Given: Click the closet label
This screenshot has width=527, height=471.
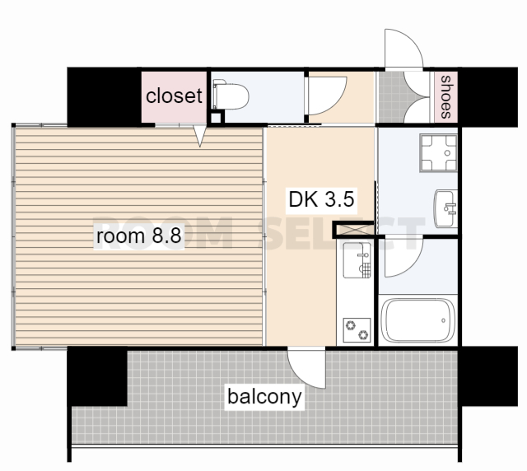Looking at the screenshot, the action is [x=174, y=96].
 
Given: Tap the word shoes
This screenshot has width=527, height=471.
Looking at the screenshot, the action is [x=446, y=97].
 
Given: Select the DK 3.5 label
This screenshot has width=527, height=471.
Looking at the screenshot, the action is [x=321, y=199].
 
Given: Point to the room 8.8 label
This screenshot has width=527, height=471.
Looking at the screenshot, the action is [x=139, y=235].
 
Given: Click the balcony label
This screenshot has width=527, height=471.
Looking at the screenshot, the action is [x=264, y=397].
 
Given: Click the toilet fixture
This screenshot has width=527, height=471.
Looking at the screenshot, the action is [x=231, y=95].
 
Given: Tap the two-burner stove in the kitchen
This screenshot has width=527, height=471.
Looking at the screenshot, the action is [x=357, y=330].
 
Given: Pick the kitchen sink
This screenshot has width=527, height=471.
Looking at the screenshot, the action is [x=357, y=260].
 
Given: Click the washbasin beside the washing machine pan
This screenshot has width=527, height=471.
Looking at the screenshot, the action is [x=446, y=208].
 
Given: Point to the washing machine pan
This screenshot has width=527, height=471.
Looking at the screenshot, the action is [x=438, y=153].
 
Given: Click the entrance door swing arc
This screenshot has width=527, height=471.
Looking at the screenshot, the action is [x=404, y=48].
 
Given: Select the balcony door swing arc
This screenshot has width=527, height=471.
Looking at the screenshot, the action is [x=306, y=369].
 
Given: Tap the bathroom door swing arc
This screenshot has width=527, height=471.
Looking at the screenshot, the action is [x=403, y=258].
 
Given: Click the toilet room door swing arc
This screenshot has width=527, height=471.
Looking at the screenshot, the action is [x=328, y=96].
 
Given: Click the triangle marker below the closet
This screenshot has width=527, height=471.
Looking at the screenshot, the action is [x=200, y=136].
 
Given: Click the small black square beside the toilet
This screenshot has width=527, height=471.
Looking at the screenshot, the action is [x=217, y=118].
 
